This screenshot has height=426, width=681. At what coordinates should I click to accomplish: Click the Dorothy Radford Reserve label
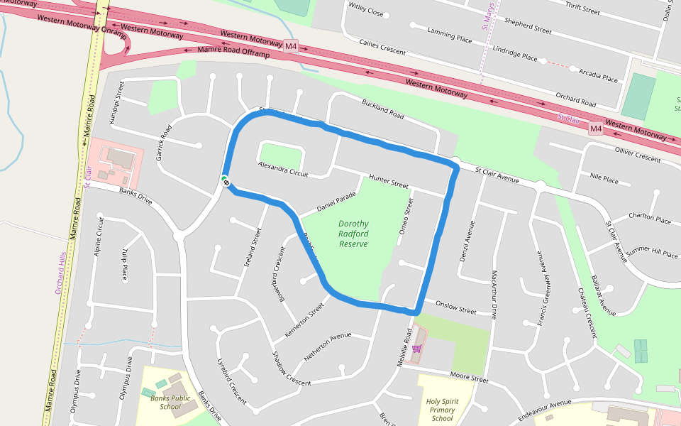point(353,234)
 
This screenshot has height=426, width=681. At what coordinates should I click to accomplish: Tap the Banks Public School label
point(170,403)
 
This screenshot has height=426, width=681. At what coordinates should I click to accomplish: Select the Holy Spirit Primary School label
point(441,410)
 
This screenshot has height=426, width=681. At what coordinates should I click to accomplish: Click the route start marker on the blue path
point(225,181)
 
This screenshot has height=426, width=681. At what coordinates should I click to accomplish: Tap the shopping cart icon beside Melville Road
point(417,347)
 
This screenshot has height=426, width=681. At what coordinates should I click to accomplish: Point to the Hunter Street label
point(388,180)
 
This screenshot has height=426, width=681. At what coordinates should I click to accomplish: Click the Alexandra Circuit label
point(283,169)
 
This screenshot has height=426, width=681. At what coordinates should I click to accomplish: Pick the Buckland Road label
point(382,109)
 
